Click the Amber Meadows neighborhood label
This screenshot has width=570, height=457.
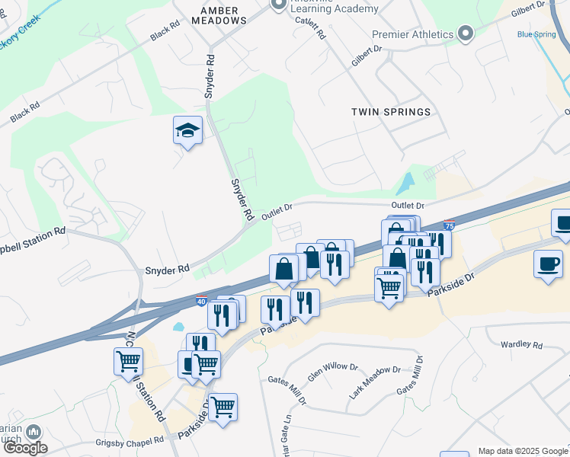pos(223,14)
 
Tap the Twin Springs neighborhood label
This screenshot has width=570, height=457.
pos(391,112)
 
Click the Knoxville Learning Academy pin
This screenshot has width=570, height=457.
pos(279,4)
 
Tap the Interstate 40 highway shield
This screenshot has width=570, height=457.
pos(201,302)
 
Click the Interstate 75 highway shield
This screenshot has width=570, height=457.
pos(450,226)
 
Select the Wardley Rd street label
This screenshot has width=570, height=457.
pos(521,345)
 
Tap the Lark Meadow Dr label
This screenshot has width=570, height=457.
pos(374,379)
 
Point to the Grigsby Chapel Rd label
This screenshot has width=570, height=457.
pos(130,441)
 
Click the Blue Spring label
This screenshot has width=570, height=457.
pos(536,34)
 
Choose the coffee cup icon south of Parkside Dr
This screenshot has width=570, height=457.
pos(548,264)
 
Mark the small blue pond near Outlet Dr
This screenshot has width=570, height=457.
pos(405,183)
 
